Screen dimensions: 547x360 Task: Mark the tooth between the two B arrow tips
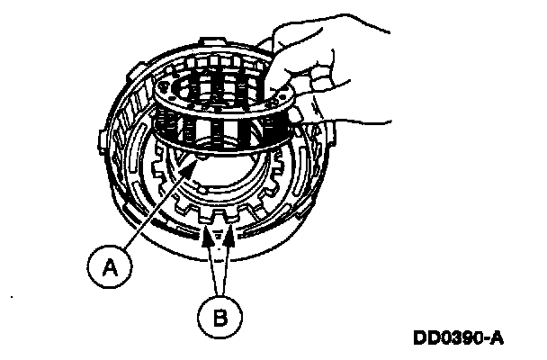(220, 221)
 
